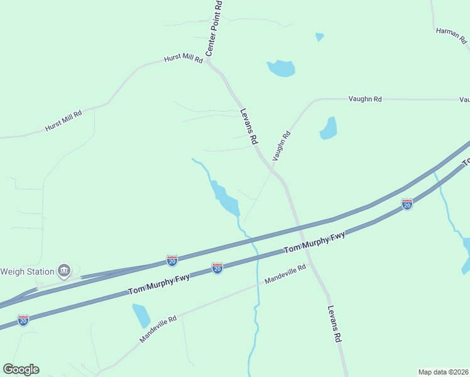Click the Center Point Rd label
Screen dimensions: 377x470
pos(214,28)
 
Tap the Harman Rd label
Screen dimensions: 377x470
pos(452,36)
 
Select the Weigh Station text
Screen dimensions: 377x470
pos(26,271)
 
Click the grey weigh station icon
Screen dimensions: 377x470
pos(63,271)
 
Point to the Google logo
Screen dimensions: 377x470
pos(21,369)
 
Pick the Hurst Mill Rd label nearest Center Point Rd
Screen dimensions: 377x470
pos(183,59)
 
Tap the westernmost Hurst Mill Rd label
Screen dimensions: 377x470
pos(63,121)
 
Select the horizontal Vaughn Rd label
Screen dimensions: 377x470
pos(365,99)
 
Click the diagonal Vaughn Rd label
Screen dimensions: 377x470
pos(282,145)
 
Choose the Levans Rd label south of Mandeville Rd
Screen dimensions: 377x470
pos(334,324)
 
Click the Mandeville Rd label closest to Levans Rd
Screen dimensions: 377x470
pos(285,273)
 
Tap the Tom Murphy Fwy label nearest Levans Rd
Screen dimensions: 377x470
pos(314,243)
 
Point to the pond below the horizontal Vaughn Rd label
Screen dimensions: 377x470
pos(329,128)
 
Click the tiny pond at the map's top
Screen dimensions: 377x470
pos(320,37)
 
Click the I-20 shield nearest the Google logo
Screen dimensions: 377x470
pos(23,320)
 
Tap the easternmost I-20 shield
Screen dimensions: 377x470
pos(407,204)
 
